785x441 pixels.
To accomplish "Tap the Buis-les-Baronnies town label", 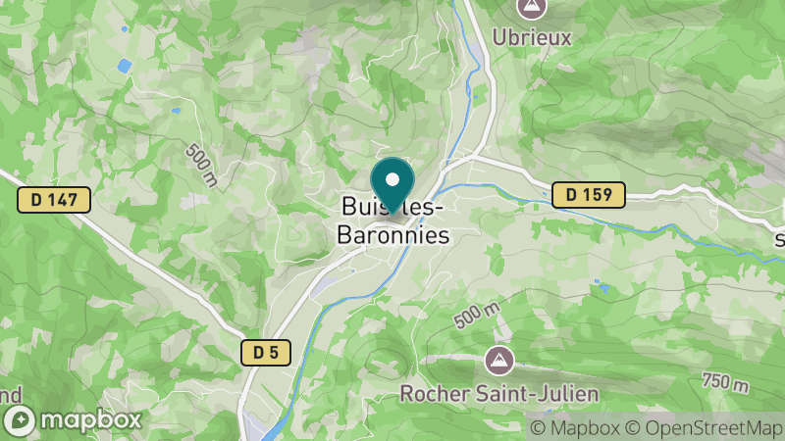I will [392, 221].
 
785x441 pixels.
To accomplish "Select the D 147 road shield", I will [54, 200].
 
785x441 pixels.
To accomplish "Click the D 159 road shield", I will [589, 195].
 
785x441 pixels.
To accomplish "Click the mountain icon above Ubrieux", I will [531, 7].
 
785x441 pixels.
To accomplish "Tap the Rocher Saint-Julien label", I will [498, 394].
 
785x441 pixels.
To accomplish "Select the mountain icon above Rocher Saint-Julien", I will [499, 361].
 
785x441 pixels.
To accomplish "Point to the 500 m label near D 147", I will [200, 164].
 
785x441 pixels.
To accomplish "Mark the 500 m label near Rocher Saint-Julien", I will [478, 316].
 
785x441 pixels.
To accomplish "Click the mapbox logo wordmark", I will [95, 419].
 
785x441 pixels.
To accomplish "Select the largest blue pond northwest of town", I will [124, 67].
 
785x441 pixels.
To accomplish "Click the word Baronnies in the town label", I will [392, 235].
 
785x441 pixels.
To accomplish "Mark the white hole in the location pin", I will [392, 179].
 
